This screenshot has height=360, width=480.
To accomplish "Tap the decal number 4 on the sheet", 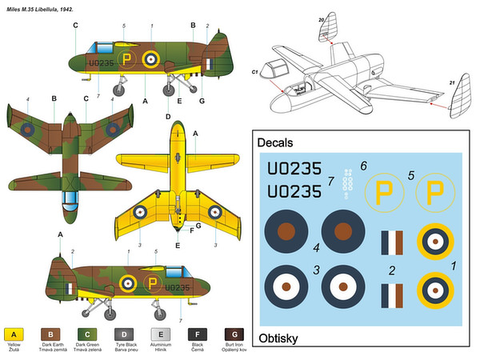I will click(317, 248).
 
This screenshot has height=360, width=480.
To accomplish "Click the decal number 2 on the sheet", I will click(390, 270).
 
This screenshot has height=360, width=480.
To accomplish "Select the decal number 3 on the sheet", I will click(317, 270).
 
